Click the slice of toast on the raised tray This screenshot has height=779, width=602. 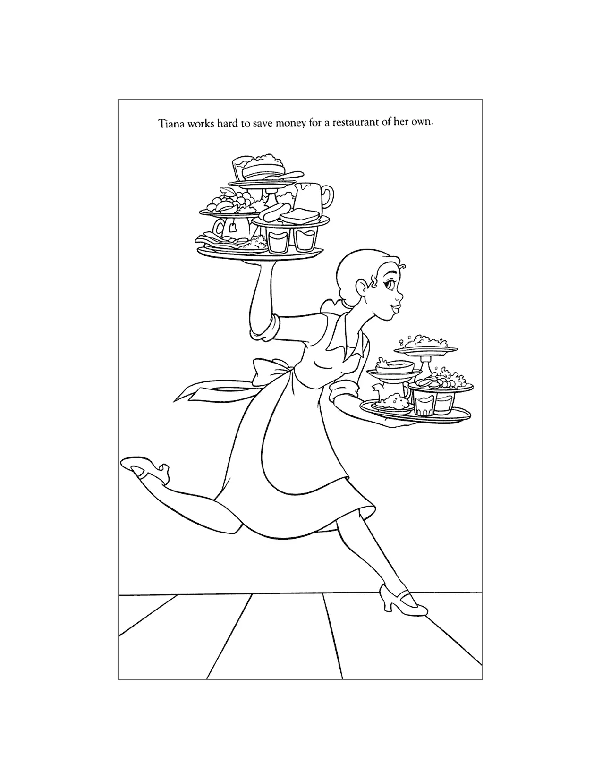(299, 216)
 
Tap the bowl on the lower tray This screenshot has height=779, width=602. (393, 367)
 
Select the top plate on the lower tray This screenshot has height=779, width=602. (425, 349)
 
